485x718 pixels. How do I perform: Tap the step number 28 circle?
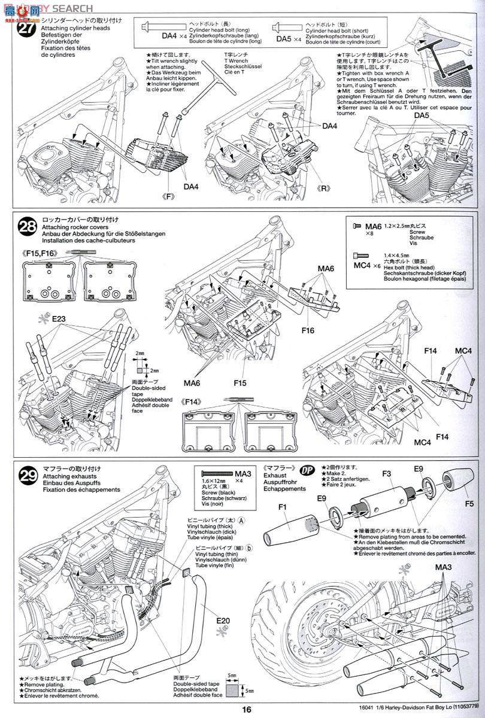tap(27, 228)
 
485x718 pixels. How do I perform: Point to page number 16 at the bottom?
tap(242, 710)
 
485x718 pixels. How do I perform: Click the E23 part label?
tap(59, 319)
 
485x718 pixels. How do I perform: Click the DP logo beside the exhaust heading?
tap(307, 470)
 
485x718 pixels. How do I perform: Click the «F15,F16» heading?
tap(41, 254)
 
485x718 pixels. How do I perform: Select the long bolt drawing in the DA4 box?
tap(173, 26)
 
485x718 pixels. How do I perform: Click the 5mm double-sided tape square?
tap(232, 693)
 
